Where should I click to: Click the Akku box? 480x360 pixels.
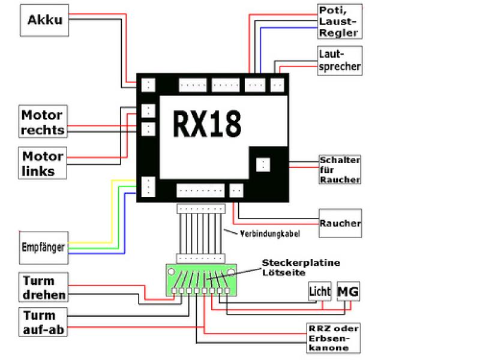[x=45, y=19]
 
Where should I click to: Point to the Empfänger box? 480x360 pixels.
[x=43, y=247]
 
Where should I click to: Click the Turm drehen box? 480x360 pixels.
[x=43, y=287]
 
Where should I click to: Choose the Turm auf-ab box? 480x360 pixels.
[x=43, y=322]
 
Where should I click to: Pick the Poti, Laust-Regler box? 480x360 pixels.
[x=340, y=21]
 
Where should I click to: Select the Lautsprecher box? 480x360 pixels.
[x=340, y=60]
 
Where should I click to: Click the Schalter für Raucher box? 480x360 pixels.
[x=340, y=170]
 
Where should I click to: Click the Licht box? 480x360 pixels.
[x=320, y=292]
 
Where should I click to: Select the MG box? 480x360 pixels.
[x=348, y=292]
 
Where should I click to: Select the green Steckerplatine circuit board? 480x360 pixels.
[x=200, y=280]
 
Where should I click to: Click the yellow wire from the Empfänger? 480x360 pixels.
[x=112, y=210]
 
